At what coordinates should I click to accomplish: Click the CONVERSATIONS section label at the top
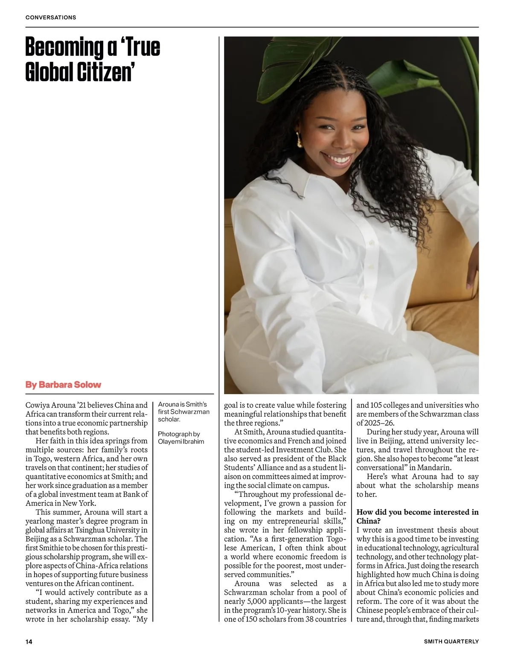click(51, 17)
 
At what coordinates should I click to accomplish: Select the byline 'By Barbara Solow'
click(63, 385)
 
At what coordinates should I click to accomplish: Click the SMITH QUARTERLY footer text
click(451, 642)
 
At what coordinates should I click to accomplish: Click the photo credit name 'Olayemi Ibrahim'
click(181, 441)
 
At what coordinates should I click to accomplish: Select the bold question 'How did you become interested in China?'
click(417, 516)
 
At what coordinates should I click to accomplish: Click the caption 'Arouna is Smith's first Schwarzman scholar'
click(183, 411)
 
